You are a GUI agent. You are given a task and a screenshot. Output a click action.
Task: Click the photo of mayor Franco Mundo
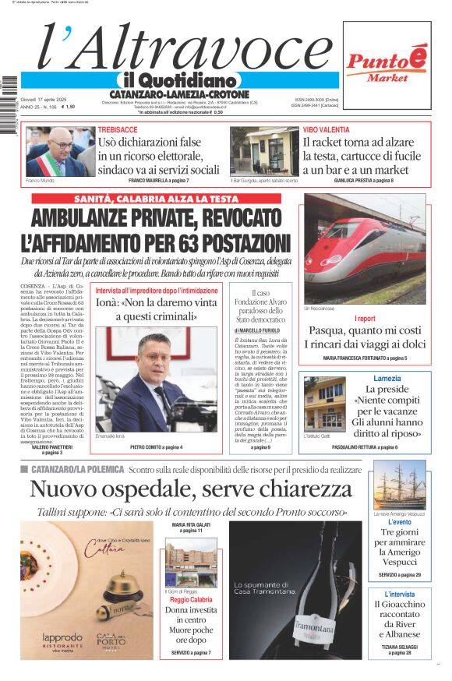[x=55, y=151]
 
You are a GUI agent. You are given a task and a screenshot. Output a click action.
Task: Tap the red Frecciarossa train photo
[x=365, y=249]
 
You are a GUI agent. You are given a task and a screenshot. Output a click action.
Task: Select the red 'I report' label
[x=365, y=319]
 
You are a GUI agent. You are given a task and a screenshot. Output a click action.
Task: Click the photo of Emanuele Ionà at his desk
[x=156, y=382]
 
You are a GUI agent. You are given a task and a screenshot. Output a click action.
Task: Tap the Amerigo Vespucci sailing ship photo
[x=399, y=484]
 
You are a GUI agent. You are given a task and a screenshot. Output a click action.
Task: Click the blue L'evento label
[x=399, y=523]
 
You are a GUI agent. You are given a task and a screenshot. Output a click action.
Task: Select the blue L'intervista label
[x=399, y=594]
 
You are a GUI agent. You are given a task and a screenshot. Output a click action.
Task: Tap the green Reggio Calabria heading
[x=191, y=600]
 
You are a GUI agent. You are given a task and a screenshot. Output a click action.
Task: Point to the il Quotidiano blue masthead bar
[x=179, y=80]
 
